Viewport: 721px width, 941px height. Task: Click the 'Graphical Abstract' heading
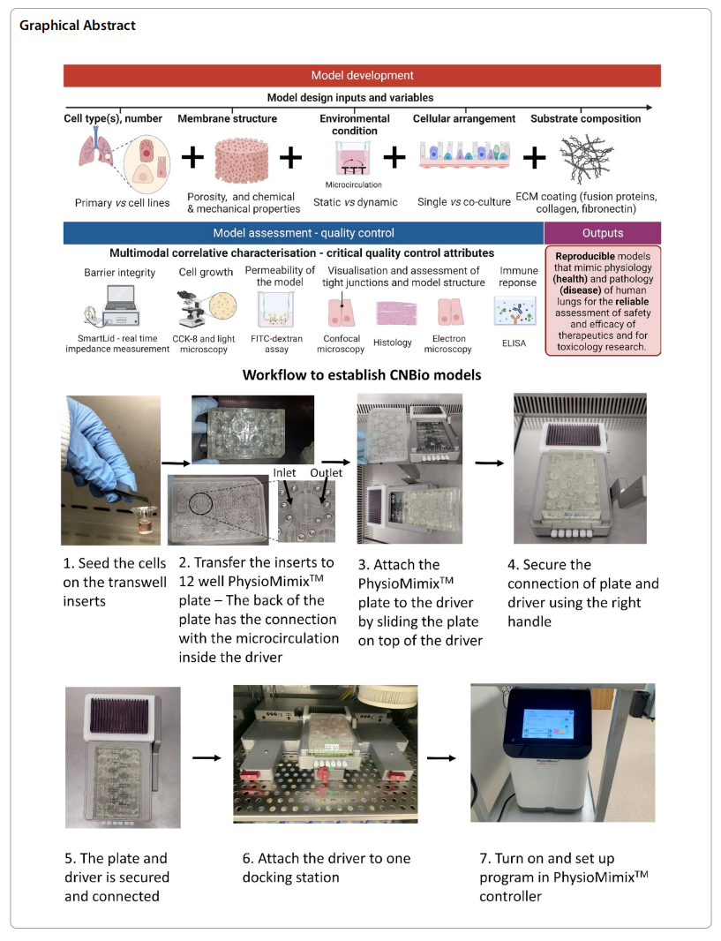[x=78, y=25]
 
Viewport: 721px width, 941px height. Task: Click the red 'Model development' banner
[x=362, y=76]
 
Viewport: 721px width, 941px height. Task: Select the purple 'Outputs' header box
[x=603, y=233]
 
